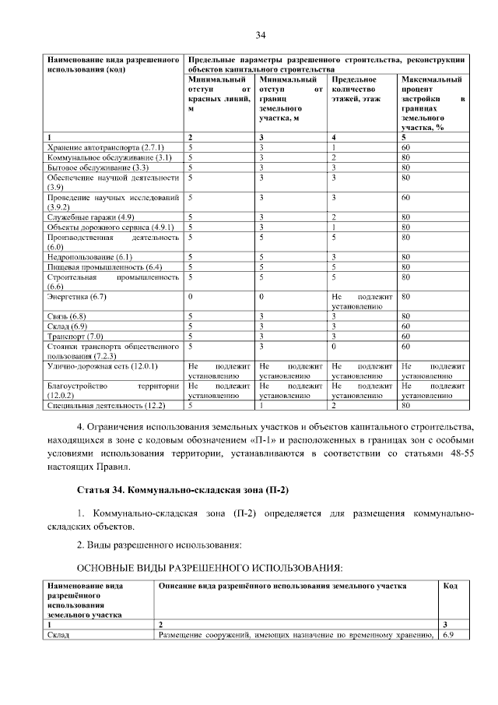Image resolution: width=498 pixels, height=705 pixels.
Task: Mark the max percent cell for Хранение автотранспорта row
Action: [x=405, y=147]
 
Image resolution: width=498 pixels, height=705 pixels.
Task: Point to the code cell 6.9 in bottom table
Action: [x=447, y=636]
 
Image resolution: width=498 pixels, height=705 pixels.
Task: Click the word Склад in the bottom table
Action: [x=58, y=636]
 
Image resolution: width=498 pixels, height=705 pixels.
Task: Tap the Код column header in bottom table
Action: [x=450, y=586]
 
